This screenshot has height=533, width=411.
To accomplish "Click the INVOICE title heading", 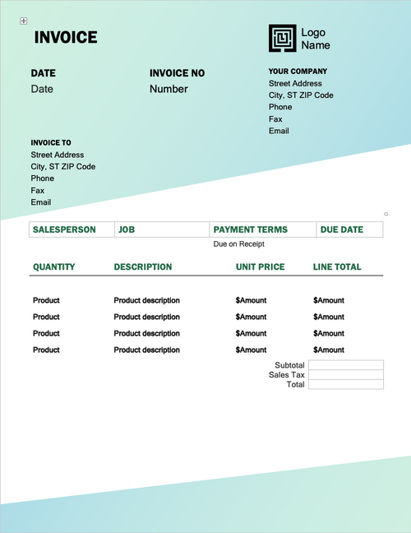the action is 66,37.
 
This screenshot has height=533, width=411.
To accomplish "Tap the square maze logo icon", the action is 282,39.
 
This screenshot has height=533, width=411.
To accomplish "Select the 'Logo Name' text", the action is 315,39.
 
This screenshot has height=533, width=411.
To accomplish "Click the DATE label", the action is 44,73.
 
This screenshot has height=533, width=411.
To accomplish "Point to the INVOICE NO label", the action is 177,73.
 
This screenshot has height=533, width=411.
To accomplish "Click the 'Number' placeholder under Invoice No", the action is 169,89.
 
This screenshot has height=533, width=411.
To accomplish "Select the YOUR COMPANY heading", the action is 298,72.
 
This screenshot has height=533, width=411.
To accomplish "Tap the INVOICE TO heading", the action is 51,142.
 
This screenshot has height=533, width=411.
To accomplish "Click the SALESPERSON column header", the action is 64,230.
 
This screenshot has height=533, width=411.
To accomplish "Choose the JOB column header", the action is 127,230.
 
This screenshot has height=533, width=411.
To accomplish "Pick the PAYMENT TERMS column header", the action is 251,230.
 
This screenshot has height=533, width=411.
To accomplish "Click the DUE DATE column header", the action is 341,230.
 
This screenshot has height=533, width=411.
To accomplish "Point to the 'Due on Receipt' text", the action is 239,244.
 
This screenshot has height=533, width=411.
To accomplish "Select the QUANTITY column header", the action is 53,267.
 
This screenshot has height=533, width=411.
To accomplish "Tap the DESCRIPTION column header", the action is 143,267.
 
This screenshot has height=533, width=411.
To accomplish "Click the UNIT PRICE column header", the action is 260,267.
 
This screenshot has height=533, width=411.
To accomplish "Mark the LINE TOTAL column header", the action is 337,267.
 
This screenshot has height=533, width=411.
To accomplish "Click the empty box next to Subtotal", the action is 345,365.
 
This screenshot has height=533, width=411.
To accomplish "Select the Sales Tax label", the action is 287,375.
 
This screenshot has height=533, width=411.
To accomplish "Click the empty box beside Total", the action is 345,384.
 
